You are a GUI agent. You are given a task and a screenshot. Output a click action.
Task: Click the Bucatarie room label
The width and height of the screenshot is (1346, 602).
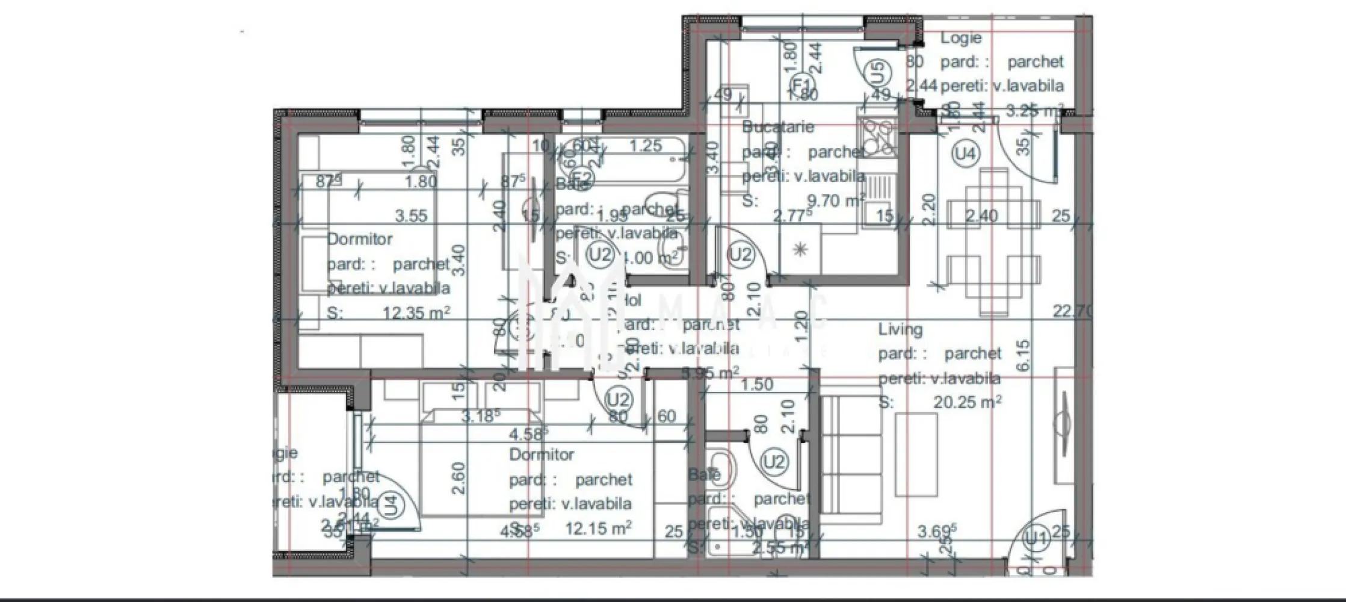777,127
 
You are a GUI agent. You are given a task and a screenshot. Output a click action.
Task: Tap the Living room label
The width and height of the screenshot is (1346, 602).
900,329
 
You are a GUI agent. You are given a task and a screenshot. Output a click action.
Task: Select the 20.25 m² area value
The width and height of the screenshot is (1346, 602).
967,402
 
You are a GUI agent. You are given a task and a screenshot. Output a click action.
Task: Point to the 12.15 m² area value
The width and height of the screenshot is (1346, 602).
598,529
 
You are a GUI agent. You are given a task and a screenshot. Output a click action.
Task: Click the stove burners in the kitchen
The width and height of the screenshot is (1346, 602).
878,137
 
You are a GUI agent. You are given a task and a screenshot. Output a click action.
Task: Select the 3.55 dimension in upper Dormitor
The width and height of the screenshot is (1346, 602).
411,216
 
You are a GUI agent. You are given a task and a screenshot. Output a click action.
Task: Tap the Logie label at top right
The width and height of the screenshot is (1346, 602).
961,38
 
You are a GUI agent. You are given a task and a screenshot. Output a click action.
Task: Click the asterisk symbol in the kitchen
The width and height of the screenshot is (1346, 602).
800,250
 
